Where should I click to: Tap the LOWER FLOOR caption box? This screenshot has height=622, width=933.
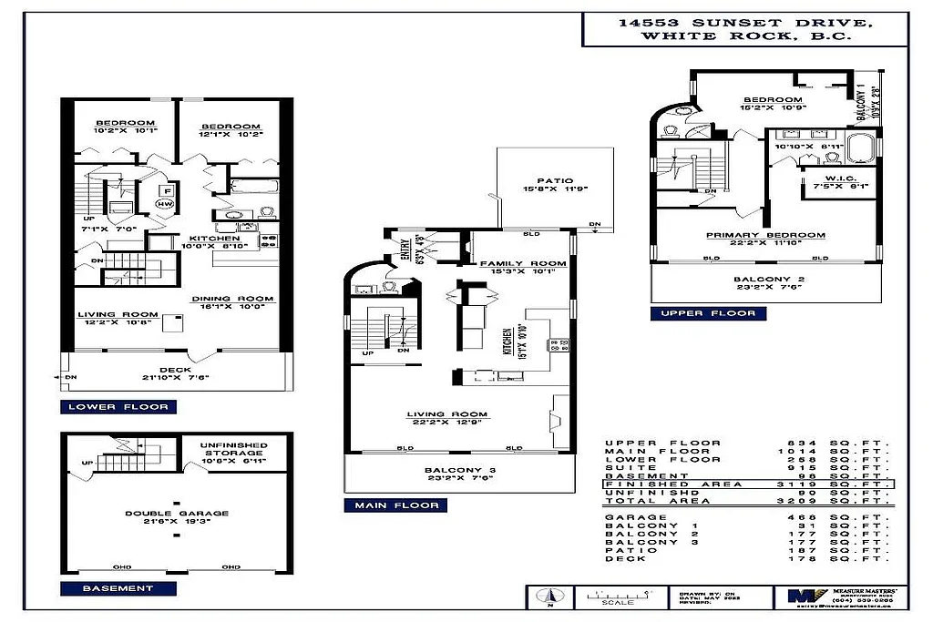pos(118,406)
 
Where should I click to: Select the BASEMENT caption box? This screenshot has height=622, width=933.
pos(118,588)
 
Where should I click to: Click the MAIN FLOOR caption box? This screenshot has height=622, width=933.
pos(396,505)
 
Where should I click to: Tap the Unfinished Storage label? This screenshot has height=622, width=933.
pos(231,448)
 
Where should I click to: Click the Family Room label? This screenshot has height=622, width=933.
pos(523,263)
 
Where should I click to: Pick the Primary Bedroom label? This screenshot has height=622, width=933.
pos(765,235)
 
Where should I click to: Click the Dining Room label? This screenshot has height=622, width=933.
pos(232,300)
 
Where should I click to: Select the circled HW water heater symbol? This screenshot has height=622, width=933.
pos(165,204)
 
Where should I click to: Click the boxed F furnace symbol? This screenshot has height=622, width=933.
pos(167,190)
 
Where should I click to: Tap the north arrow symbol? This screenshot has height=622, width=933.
pos(550,597)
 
